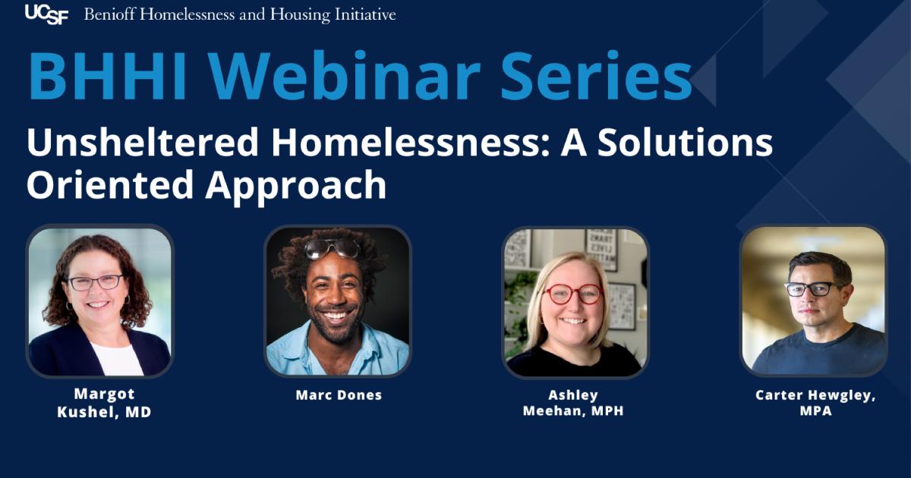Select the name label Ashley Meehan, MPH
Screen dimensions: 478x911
pyautogui.click(x=573, y=404)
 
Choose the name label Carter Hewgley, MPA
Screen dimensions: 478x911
pyautogui.click(x=815, y=404)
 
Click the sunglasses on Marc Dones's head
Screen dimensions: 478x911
pyautogui.click(x=333, y=247)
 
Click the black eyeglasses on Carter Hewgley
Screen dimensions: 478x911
pyautogui.click(x=812, y=288)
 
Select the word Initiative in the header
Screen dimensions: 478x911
pyautogui.click(x=367, y=14)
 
